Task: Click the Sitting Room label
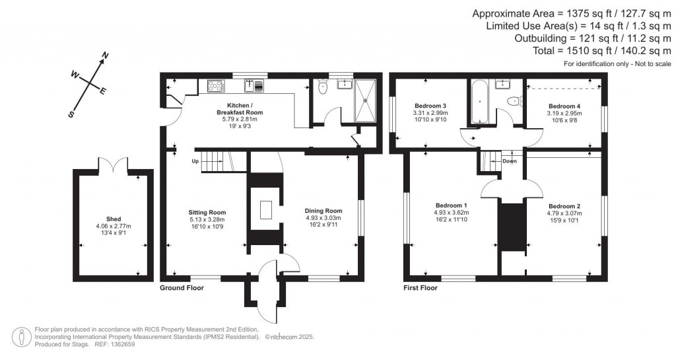[207, 213]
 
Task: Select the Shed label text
[114, 219]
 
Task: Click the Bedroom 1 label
[451, 205]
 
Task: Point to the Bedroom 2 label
[564, 205]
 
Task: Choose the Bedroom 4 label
[564, 106]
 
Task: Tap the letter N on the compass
[105, 57]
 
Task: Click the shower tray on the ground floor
[365, 100]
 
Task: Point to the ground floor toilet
[323, 87]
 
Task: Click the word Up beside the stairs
[195, 161]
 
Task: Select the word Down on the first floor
[509, 161]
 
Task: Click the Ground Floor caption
[182, 288]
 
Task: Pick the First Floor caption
[420, 288]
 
